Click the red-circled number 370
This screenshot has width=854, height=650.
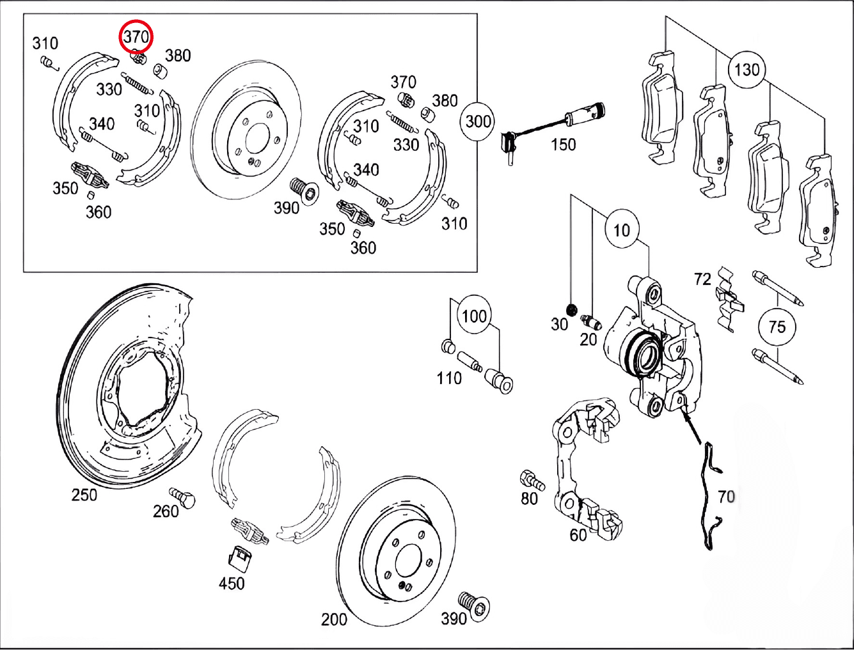pos(136,37)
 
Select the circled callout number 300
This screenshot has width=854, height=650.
pos(478,121)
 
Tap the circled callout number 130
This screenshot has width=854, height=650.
pos(747,70)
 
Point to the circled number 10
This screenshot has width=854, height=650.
pos(621,230)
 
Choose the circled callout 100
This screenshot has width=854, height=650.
pos(474,316)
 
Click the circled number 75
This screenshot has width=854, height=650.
pos(777,327)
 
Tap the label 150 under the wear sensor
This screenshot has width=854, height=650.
pos(563,144)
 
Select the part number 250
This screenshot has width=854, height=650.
pos(84,495)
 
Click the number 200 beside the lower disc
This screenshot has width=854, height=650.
pos(334,619)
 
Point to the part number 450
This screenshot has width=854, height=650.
pos(232,583)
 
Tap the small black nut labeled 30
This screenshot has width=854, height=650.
pos(571,309)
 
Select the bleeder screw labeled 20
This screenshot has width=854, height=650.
pos(591,322)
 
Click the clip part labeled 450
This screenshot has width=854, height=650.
pos(240,559)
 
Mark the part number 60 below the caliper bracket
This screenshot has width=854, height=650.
pos(578,536)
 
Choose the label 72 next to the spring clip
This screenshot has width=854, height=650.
pos(702,279)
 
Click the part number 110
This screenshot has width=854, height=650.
pos(449,378)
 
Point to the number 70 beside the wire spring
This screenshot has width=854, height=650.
pos(726,497)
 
